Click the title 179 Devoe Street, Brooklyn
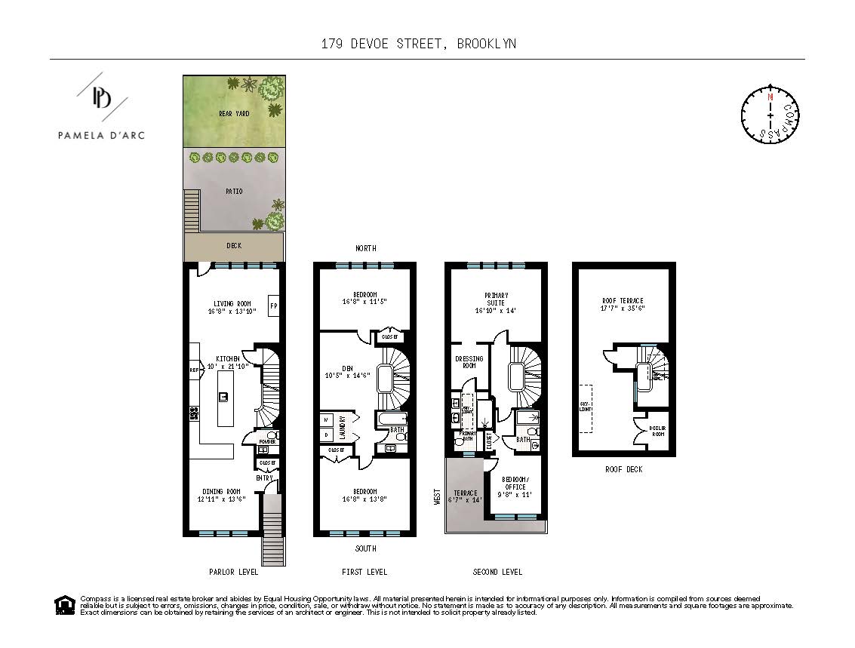pos(419,44)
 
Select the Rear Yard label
pos(234,114)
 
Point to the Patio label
pos(234,192)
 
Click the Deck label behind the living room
pos(234,245)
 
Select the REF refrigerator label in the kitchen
pos(193,370)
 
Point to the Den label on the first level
pos(347,369)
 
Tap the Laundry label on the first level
pos(342,428)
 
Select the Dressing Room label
pos(469,362)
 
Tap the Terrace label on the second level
pos(466,493)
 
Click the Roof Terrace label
pos(623,300)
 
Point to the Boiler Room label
pos(657,431)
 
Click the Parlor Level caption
pos(233,573)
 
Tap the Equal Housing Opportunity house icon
pos(65,605)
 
